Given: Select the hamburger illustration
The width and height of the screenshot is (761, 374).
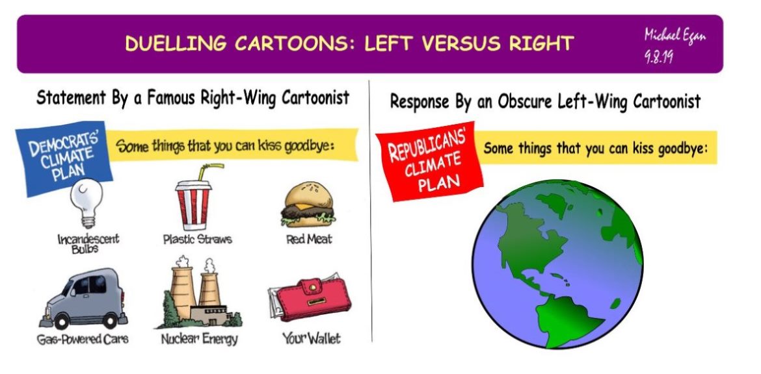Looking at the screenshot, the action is coord(308,205).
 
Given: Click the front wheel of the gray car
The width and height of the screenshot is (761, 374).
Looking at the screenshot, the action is coord(62,321).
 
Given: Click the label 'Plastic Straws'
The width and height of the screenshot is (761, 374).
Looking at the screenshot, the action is coord(197,240).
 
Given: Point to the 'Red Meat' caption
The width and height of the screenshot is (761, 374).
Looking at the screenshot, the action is coord(309,239).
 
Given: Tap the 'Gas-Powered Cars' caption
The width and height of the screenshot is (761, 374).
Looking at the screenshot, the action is coord(83,339).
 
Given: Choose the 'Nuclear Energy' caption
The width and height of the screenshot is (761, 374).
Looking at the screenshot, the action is coord(200,339).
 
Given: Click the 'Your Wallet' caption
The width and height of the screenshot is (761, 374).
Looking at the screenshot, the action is coord(312,338).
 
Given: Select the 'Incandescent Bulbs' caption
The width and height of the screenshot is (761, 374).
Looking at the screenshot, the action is coord(88,243).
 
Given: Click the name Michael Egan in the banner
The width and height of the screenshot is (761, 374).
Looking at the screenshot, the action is coord(674,35).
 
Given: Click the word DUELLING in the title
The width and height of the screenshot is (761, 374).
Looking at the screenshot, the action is coord(176,44).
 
